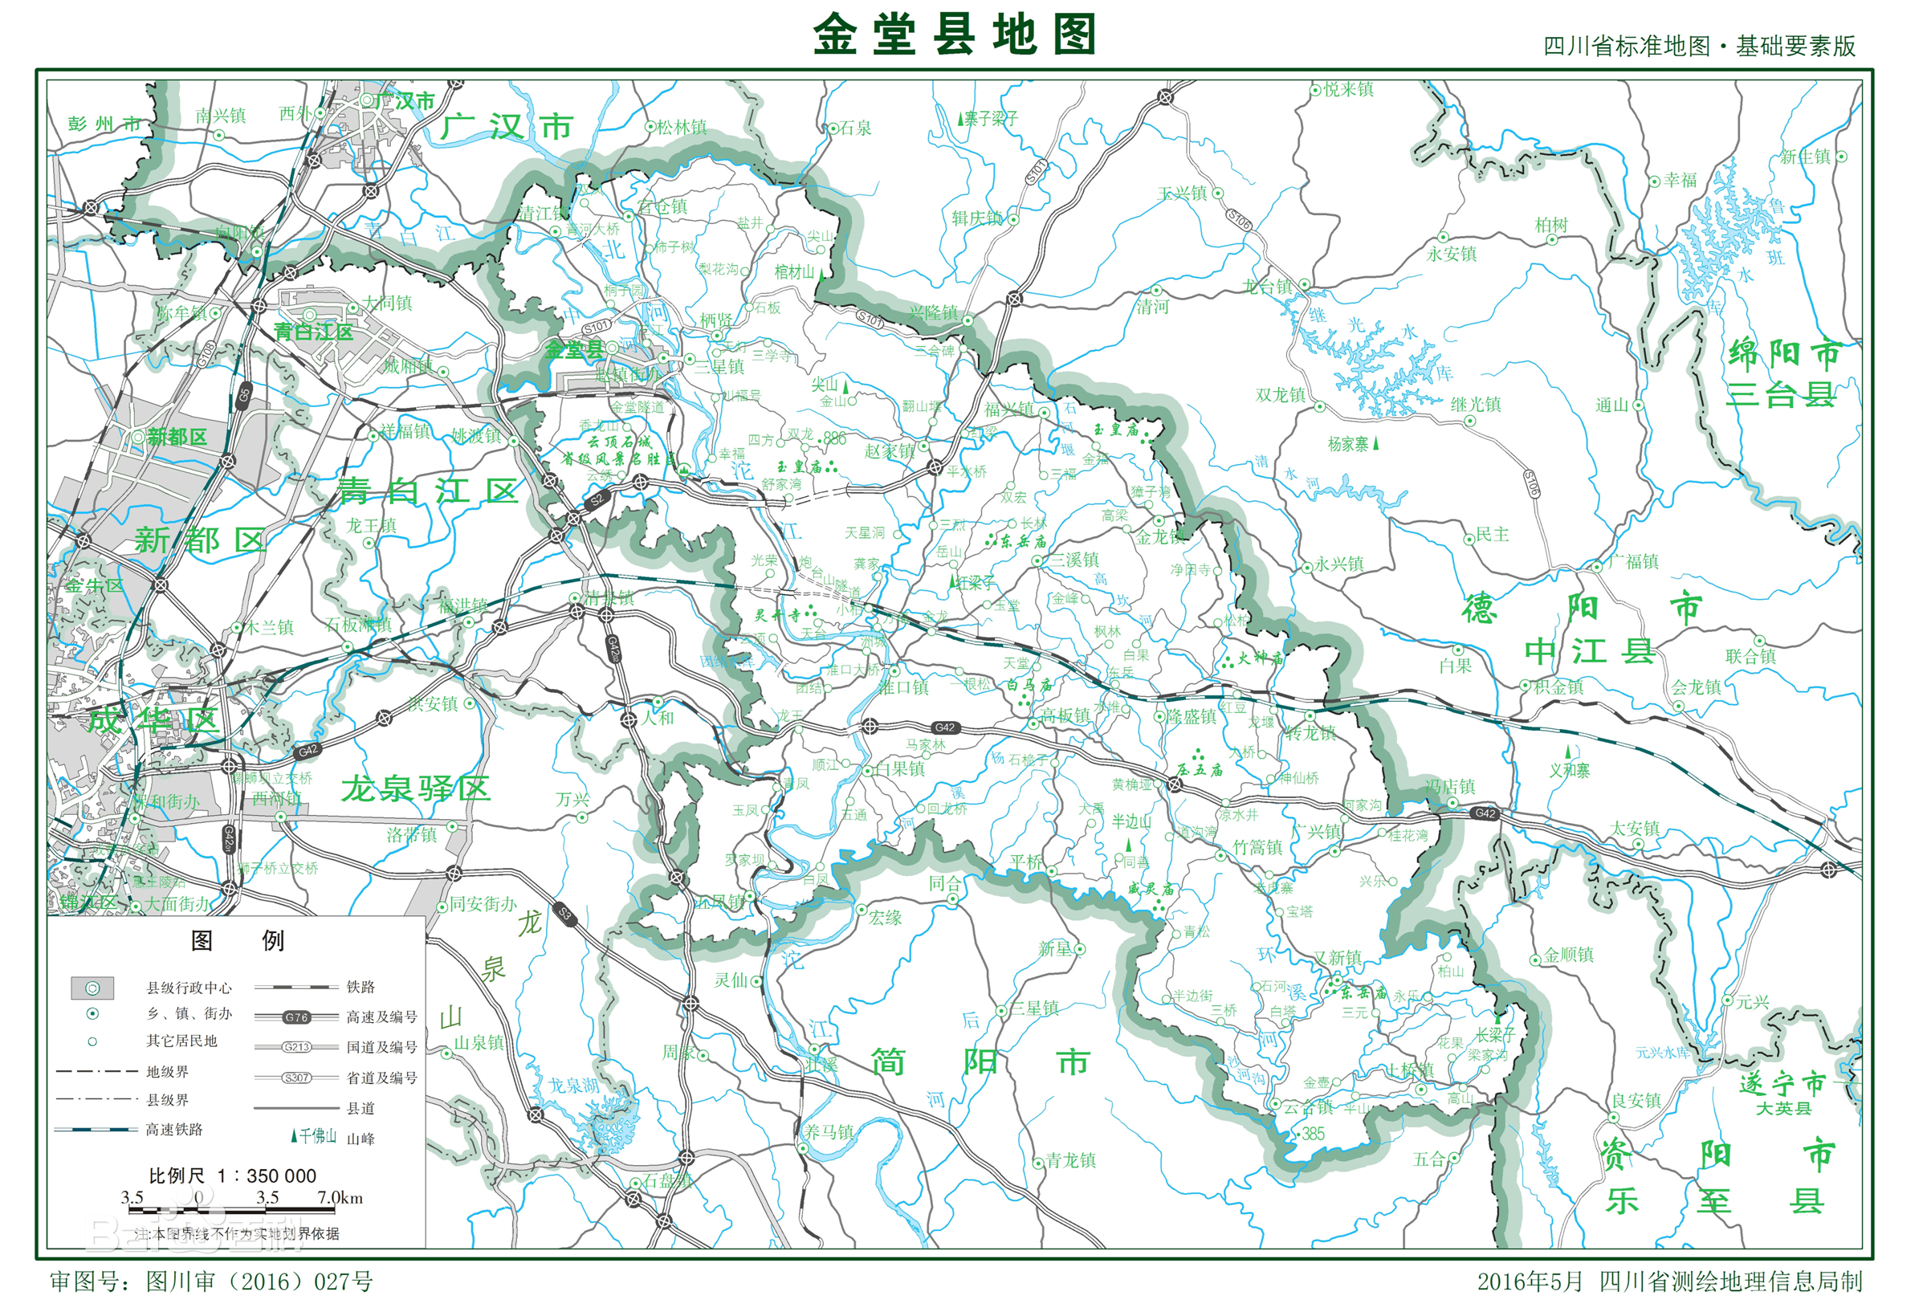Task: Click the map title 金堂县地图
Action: (x=955, y=35)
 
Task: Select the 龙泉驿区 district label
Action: (x=415, y=788)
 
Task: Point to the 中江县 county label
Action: (x=1590, y=652)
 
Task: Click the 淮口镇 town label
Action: (x=904, y=687)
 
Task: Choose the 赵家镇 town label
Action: (x=890, y=451)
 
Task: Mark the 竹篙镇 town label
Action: (x=1258, y=847)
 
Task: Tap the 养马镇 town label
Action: (x=829, y=1132)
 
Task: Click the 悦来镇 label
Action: (x=1349, y=90)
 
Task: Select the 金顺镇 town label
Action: (x=1568, y=955)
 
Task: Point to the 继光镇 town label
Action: (x=1476, y=405)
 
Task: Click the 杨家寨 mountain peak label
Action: (x=1348, y=445)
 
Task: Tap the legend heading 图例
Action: (x=237, y=940)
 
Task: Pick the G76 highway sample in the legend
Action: (x=296, y=1017)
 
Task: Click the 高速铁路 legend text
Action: (x=174, y=1130)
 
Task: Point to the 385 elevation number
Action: (x=1313, y=1134)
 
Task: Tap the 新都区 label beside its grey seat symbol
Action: (x=177, y=437)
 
